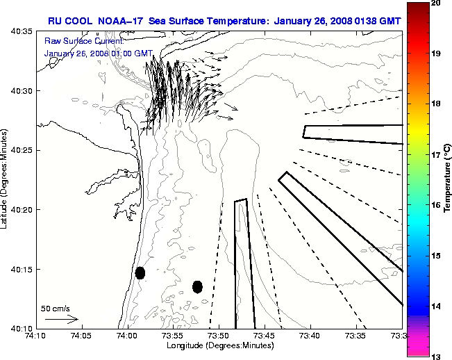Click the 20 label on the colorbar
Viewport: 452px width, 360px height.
[435, 3]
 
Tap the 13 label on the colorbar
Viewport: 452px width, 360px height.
[435, 357]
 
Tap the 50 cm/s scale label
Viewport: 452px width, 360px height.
[56, 309]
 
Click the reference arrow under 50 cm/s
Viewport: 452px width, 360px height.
[61, 319]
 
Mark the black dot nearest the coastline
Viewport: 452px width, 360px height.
[140, 272]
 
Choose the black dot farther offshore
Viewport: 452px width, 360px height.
[197, 286]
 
